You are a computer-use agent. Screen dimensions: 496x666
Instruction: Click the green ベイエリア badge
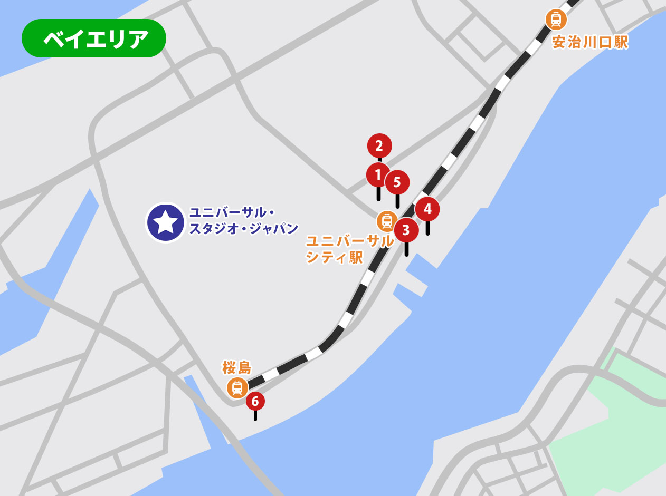(94, 38)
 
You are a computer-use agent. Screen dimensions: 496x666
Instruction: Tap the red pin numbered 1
(378, 174)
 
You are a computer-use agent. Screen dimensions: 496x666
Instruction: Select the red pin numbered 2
(379, 146)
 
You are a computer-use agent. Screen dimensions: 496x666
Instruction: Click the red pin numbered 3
(406, 230)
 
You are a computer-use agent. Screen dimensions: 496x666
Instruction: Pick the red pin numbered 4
(427, 209)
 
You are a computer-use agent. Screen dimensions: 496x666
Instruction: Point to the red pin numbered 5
(397, 182)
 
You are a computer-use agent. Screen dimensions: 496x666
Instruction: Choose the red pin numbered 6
(255, 402)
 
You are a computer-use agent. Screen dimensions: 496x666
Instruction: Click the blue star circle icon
(166, 222)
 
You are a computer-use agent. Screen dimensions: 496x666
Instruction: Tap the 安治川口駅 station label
(590, 42)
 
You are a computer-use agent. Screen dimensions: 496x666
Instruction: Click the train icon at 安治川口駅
(556, 20)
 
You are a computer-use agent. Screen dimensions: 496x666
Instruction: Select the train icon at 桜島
(237, 387)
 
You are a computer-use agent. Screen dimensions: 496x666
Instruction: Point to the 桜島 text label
(237, 367)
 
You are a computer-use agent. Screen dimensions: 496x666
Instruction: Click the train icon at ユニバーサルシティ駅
(387, 221)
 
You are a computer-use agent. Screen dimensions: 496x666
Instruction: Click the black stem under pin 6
(255, 415)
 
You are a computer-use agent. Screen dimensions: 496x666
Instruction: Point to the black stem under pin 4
(427, 228)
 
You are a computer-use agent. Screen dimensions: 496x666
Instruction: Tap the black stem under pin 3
(406, 249)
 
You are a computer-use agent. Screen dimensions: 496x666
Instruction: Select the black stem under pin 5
(397, 201)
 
